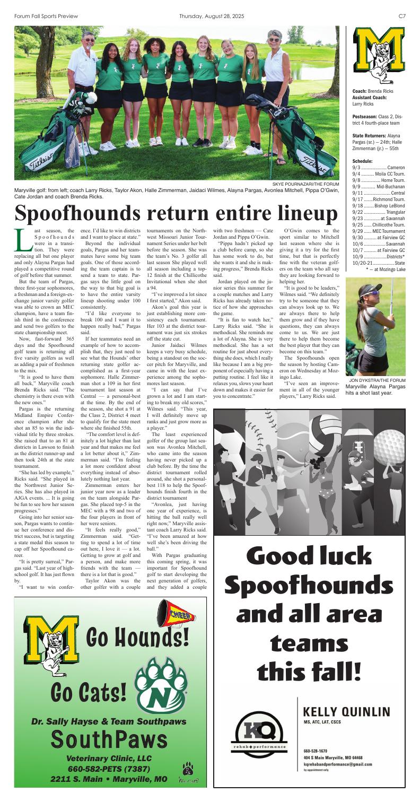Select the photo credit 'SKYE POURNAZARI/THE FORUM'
pyautogui.click(x=305, y=184)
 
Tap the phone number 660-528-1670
pyautogui.click(x=316, y=751)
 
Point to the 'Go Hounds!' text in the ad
pyautogui.click(x=137, y=634)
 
